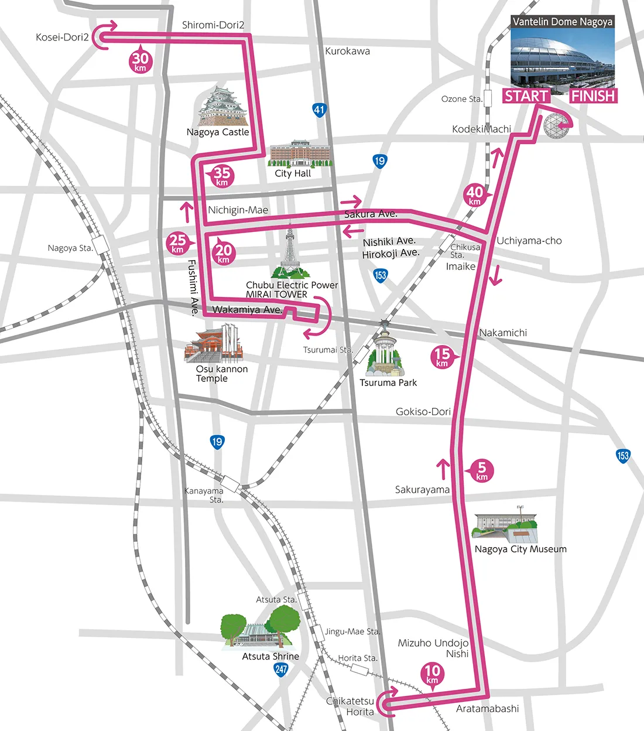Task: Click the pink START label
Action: [x=526, y=96]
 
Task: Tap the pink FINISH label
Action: [x=593, y=96]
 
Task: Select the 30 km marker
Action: [x=141, y=60]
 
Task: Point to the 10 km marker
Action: [x=432, y=674]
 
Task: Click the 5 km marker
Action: [x=482, y=470]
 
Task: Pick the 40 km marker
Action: [x=475, y=194]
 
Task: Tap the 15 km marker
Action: [x=443, y=356]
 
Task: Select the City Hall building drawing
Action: [x=300, y=153]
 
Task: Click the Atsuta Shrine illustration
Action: [x=261, y=628]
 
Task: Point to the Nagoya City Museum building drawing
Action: [x=505, y=525]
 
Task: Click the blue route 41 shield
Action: [x=318, y=110]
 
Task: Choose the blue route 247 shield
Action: [x=281, y=669]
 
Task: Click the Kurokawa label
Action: [x=347, y=52]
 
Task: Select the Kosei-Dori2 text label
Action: [x=62, y=37]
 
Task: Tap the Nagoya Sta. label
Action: [x=70, y=248]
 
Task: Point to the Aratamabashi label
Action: [x=487, y=709]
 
